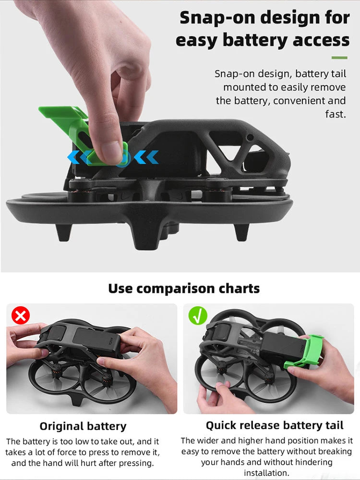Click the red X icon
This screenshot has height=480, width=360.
[21, 316]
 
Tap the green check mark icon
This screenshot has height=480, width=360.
[198, 316]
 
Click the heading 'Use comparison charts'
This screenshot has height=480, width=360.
[184, 288]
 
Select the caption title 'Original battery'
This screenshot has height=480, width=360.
[83, 426]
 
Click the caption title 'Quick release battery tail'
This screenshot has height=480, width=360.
[275, 425]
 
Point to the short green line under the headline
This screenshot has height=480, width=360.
[339, 58]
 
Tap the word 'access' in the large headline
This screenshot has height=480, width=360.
[321, 41]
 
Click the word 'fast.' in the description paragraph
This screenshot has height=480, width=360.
[336, 114]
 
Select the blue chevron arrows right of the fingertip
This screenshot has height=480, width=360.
[146, 157]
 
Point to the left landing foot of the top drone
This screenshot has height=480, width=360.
[64, 232]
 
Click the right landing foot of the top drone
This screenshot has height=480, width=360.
[241, 232]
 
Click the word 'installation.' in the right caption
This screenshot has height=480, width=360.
[266, 473]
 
